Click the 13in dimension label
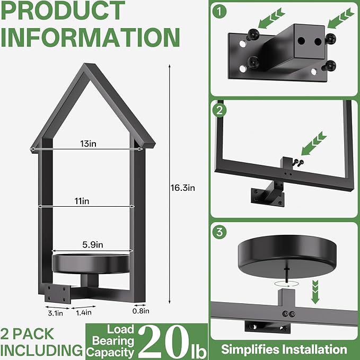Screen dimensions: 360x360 [88, 144]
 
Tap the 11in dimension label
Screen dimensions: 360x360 [82, 201]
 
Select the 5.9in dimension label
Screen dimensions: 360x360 [93, 245]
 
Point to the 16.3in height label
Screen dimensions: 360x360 [182, 188]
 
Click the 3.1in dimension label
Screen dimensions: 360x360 [55, 313]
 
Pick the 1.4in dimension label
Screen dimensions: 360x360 [84, 312]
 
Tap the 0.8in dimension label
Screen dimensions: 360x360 [141, 311]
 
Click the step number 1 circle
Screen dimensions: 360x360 [219, 11]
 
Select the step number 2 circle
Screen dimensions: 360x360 [219, 110]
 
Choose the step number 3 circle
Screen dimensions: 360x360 [219, 232]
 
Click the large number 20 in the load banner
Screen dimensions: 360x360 [164, 342]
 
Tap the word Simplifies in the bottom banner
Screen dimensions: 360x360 [249, 349]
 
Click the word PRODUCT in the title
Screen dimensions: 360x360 [63, 10]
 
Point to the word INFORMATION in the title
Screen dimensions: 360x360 [90, 37]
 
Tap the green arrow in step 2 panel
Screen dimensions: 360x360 [314, 143]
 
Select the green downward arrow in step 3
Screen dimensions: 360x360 [315, 292]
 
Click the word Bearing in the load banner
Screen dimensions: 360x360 [113, 341]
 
